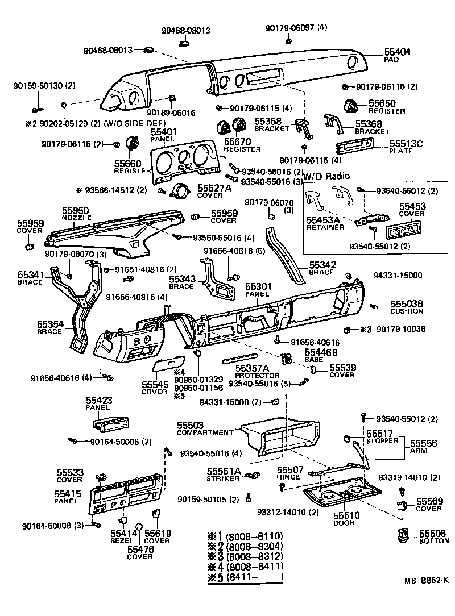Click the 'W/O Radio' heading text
tap(326, 176)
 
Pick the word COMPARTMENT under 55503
tap(205, 432)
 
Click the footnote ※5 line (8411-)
tap(246, 577)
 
